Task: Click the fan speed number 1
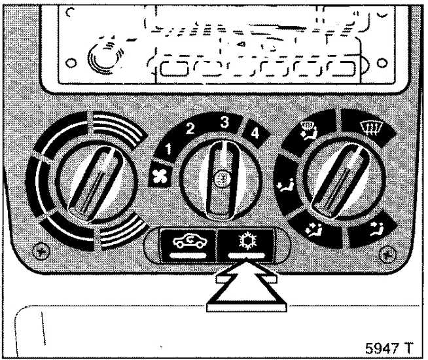[x=169, y=149]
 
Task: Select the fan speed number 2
[x=190, y=129]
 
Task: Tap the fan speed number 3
[x=224, y=122]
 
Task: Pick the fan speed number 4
[x=255, y=133]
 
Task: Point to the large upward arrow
[x=247, y=287]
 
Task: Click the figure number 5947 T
[x=389, y=348]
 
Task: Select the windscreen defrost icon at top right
[x=370, y=128]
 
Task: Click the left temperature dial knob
[x=96, y=183]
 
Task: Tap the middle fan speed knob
[x=221, y=179]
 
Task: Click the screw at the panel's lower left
[x=41, y=251]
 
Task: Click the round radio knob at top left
[x=104, y=56]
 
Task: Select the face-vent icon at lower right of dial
[x=378, y=228]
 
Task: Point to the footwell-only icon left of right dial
[x=285, y=186]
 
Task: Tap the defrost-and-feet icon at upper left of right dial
[x=308, y=130]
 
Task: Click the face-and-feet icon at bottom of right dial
[x=314, y=229]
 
